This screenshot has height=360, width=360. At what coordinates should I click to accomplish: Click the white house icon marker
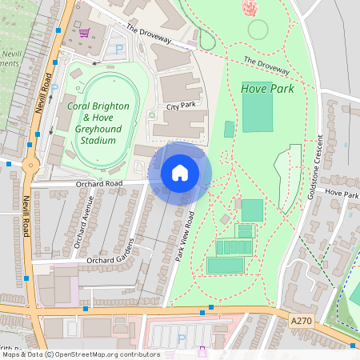tap(180, 173)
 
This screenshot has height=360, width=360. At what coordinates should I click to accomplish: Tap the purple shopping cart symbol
tap(84, 34)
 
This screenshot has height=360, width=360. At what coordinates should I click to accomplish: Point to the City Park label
tap(182, 106)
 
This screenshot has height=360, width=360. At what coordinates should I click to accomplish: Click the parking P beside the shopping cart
tap(120, 50)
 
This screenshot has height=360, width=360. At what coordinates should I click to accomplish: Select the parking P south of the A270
tap(181, 339)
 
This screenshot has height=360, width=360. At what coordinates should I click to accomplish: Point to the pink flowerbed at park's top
tap(251, 7)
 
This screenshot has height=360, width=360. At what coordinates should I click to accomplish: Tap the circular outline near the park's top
tap(258, 30)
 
